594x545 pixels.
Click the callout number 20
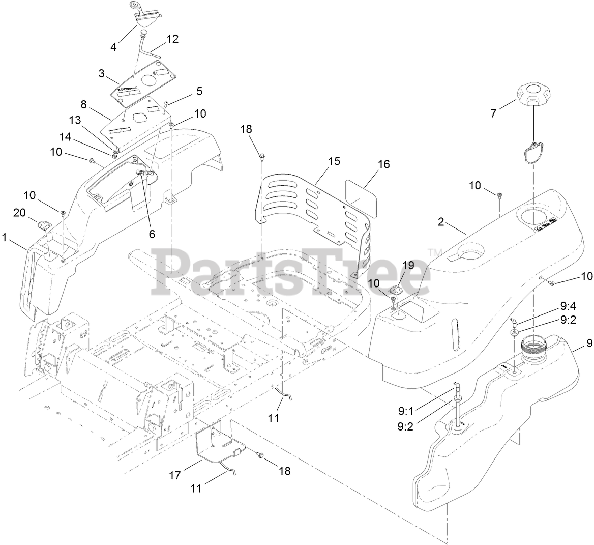19,213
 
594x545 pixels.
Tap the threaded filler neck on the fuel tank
533,348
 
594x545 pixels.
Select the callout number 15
334,161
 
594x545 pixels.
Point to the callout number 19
408,265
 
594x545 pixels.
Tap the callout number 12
172,39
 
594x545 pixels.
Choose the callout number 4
113,47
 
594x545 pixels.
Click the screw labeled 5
167,104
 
